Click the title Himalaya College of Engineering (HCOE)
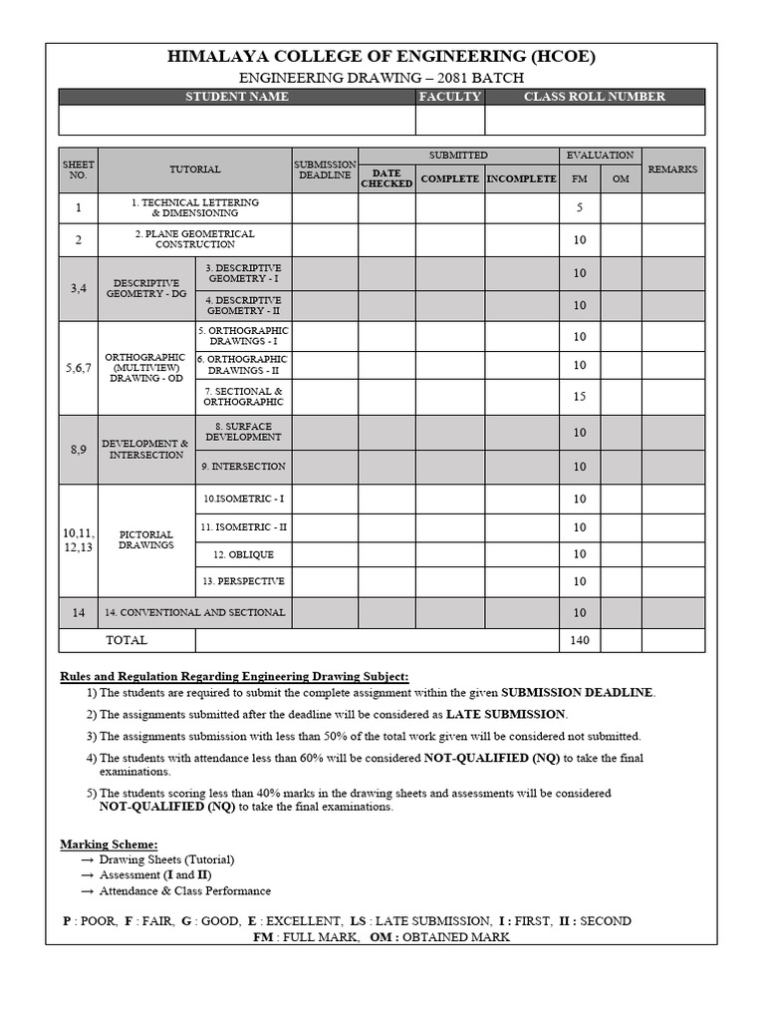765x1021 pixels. pyautogui.click(x=382, y=57)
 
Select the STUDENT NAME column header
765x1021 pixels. pyautogui.click(x=237, y=97)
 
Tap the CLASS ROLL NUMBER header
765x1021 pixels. pyautogui.click(x=595, y=97)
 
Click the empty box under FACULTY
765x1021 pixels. pyautogui.click(x=449, y=120)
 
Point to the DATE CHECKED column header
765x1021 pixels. pyautogui.click(x=386, y=178)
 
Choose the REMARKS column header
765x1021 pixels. pyautogui.click(x=673, y=170)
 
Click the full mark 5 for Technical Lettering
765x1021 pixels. pyautogui.click(x=580, y=208)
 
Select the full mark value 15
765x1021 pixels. pyautogui.click(x=580, y=397)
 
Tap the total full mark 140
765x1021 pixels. pyautogui.click(x=580, y=640)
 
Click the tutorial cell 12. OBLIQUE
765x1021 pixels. pyautogui.click(x=244, y=554)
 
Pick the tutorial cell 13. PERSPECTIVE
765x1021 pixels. pyautogui.click(x=244, y=581)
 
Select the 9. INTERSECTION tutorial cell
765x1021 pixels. pyautogui.click(x=244, y=467)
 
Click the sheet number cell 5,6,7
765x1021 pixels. pyautogui.click(x=79, y=368)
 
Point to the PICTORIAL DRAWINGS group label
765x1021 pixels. pyautogui.click(x=146, y=540)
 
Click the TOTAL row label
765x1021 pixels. pyautogui.click(x=127, y=640)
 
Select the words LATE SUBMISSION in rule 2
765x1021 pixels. pyautogui.click(x=505, y=714)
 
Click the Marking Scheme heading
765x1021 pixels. pyautogui.click(x=110, y=844)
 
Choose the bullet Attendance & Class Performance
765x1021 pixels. pyautogui.click(x=184, y=890)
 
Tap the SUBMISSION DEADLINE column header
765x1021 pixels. pyautogui.click(x=325, y=170)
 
